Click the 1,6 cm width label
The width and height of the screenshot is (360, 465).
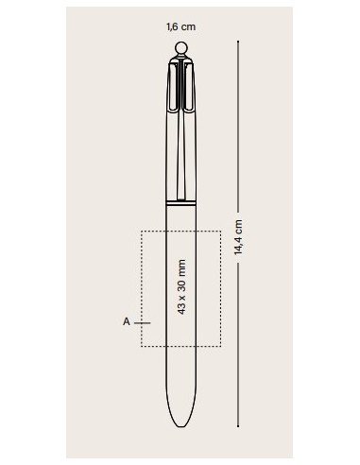pyautogui.click(x=180, y=26)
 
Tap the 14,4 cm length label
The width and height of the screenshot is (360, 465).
pyautogui.click(x=238, y=237)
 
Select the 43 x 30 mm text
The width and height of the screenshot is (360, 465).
pyautogui.click(x=181, y=286)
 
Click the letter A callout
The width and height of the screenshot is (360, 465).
pyautogui.click(x=127, y=322)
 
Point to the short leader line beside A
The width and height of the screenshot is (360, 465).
pyautogui.click(x=143, y=323)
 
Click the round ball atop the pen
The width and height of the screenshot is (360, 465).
pyautogui.click(x=181, y=48)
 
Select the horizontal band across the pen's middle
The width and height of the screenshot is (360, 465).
pyautogui.click(x=181, y=203)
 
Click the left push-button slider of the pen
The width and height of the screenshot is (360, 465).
pyautogui.click(x=174, y=87)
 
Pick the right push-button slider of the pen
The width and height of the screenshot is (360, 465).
pyautogui.click(x=188, y=87)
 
